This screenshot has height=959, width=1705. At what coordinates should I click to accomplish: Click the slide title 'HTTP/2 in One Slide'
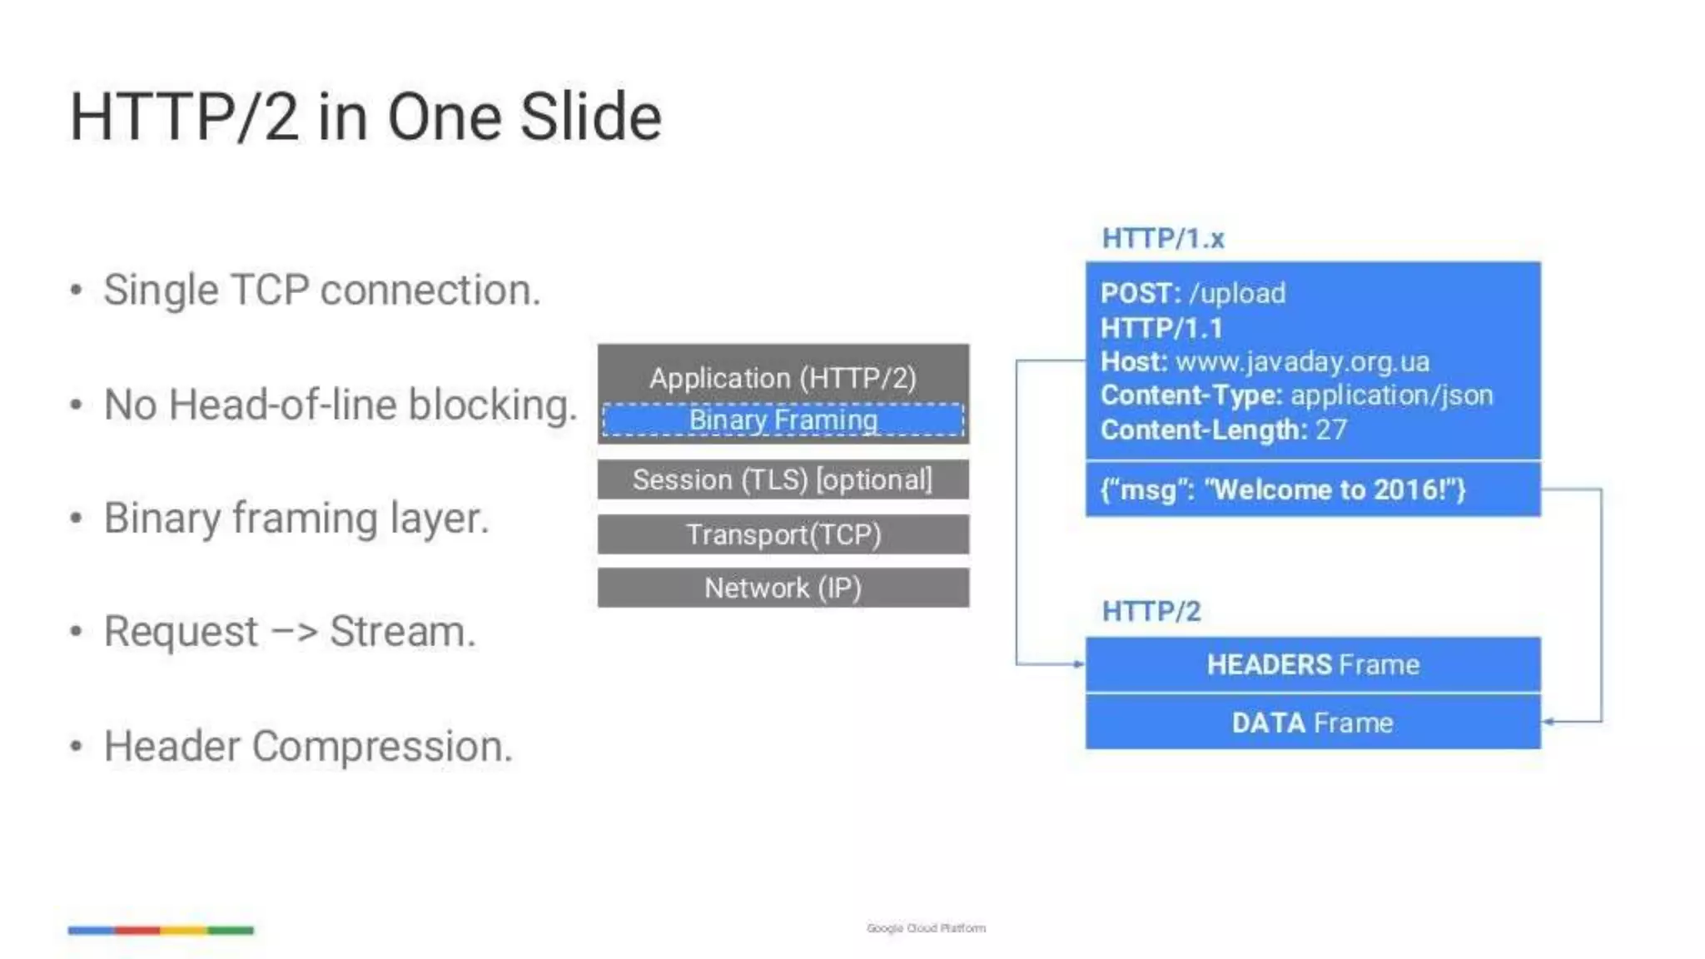coord(365,117)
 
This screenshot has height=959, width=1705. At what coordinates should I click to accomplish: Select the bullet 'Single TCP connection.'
coord(322,291)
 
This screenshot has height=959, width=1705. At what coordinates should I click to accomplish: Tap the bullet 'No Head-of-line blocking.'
coord(340,405)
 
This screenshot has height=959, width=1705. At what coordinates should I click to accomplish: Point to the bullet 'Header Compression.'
coord(308,746)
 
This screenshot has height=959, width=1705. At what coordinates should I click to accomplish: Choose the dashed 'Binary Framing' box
coord(783,420)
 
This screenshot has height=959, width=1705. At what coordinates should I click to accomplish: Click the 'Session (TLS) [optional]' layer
coord(783,479)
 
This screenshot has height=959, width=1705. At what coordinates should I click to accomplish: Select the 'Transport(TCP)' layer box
coord(783,534)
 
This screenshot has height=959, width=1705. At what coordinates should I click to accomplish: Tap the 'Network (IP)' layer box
coord(783,588)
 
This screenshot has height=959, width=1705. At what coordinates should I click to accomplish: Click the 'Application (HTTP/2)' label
coord(783,378)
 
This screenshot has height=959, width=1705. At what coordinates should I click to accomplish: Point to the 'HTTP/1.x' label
coord(1162,239)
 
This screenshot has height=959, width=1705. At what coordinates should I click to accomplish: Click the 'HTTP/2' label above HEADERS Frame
coord(1151,612)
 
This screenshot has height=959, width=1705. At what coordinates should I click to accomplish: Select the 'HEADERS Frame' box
coord(1312,664)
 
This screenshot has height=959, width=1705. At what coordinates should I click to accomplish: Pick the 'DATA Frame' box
coord(1312,723)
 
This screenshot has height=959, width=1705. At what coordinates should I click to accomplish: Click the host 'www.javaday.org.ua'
coord(1302,362)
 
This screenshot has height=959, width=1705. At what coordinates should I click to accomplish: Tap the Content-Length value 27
coord(1330,430)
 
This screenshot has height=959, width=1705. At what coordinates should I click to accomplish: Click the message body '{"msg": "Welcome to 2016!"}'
coord(1282,489)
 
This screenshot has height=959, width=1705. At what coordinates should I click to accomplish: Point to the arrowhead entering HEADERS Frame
coord(1079,664)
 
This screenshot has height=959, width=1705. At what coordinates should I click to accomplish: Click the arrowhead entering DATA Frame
coord(1548,722)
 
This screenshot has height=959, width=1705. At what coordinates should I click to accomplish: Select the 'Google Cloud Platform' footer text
coord(926,928)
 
